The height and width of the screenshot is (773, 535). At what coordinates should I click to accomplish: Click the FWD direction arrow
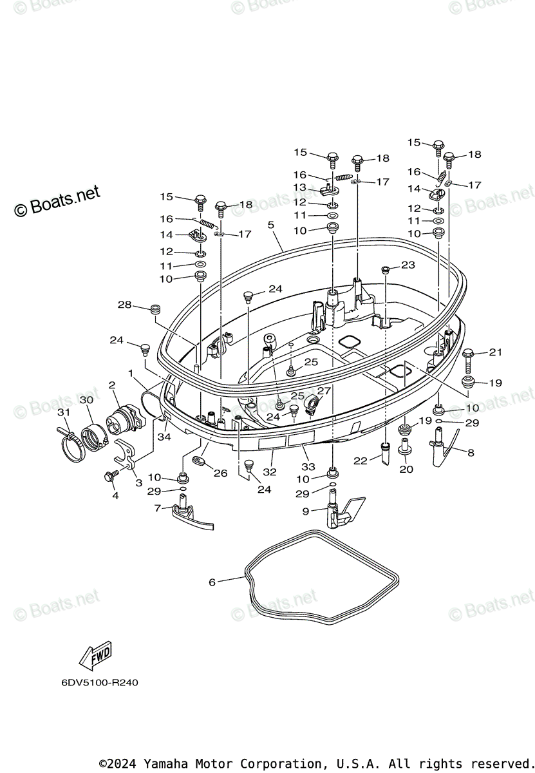click(x=95, y=656)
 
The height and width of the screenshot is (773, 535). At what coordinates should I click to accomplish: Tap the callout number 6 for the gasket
click(x=212, y=582)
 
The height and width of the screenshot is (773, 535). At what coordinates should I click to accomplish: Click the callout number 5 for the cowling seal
click(x=271, y=225)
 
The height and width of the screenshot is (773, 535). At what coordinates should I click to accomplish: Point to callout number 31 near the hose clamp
click(x=62, y=412)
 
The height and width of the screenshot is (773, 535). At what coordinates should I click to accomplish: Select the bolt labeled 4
click(x=110, y=477)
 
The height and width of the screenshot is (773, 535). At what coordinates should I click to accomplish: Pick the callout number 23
click(x=408, y=265)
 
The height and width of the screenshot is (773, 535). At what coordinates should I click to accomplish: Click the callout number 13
click(x=300, y=187)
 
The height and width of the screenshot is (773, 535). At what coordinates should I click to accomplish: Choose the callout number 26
click(x=221, y=473)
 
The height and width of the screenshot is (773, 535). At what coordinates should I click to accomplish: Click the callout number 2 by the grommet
click(x=111, y=385)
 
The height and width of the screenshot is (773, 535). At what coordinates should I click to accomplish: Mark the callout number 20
click(x=406, y=470)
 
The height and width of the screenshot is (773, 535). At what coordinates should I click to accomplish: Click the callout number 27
click(x=323, y=390)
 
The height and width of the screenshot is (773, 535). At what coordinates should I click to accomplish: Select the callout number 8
click(x=471, y=453)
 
